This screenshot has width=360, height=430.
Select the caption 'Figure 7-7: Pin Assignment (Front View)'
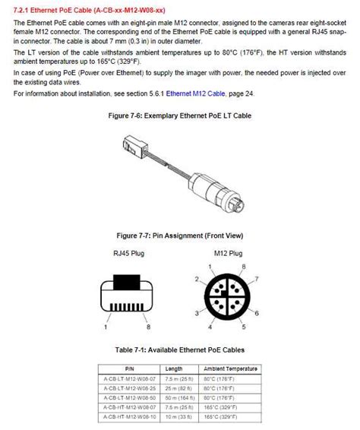click(x=180, y=236)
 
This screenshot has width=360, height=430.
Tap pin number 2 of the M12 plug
click(x=197, y=279)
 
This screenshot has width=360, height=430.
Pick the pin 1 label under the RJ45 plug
click(x=105, y=327)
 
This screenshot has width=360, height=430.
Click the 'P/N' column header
click(x=128, y=368)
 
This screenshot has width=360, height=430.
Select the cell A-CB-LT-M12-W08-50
click(x=128, y=397)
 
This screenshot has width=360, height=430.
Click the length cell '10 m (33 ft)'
click(x=180, y=416)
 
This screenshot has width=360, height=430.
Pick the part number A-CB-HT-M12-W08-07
click(x=128, y=406)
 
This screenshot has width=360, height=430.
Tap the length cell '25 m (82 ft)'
click(x=180, y=387)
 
